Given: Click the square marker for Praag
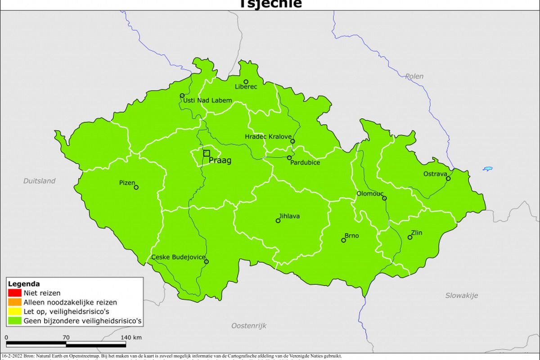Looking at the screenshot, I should tap(207, 153).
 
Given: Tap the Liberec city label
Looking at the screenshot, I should tap(246, 87).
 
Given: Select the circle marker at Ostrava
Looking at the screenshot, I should tap(448, 179).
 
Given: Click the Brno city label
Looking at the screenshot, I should tap(351, 235).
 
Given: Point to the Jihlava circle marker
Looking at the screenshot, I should tap(278, 220).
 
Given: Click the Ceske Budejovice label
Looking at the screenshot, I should tap(178, 257).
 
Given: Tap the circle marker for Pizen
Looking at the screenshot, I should tap(136, 187).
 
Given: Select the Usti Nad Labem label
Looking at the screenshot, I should tap(207, 100).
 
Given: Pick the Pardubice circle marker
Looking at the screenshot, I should tap(289, 157).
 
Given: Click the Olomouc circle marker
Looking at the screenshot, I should tap(384, 198).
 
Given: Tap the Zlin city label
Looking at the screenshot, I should tap(417, 233).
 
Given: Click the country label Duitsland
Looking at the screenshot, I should tap(40, 181).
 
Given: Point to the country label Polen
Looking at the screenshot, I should tap(414, 76).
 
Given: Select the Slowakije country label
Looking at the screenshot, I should tap(462, 296).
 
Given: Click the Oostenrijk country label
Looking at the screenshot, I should tap(249, 325).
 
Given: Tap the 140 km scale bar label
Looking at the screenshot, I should tap(131, 337).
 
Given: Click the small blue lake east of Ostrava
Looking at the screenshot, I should tap(488, 169).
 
